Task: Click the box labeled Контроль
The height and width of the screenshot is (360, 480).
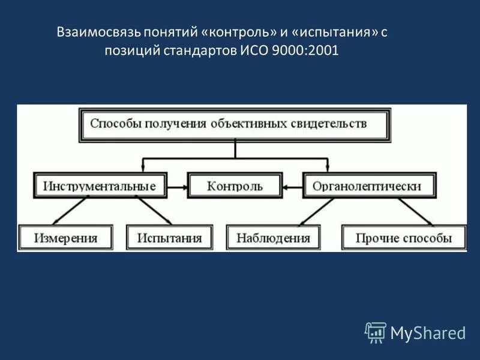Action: (235, 186)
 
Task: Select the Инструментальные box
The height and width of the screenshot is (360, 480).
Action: (100, 186)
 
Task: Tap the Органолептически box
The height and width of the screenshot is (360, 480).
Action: (370, 186)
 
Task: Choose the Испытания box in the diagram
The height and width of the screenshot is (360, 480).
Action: (170, 238)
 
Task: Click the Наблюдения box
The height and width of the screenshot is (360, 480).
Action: (273, 238)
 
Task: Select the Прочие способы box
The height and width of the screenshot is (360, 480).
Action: (403, 238)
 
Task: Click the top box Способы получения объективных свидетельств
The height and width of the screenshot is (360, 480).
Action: (235, 124)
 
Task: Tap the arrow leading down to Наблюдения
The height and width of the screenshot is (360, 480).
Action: (318, 211)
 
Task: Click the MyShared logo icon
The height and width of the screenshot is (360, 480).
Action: (375, 332)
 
